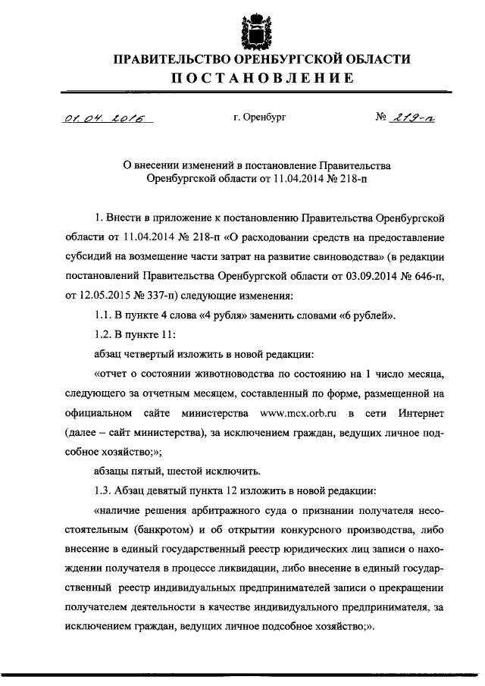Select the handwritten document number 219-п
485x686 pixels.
pos(415,117)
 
